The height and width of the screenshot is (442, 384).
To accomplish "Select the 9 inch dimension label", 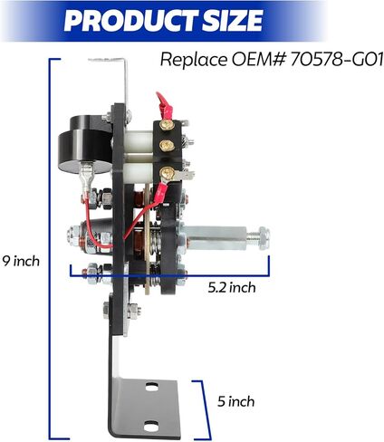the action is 21,261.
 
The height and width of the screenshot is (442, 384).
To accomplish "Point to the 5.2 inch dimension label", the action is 232,287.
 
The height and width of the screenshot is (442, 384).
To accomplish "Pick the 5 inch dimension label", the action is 236,401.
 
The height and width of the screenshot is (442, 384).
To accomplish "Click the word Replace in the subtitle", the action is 195,60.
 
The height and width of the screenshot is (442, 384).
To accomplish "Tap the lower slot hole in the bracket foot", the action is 151,426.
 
